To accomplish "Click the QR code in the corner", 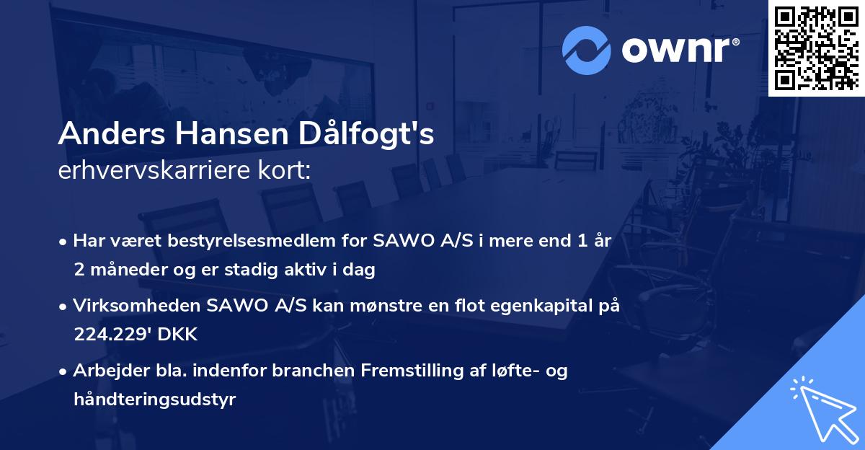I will tap(816, 48).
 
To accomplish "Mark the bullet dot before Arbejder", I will tap(64, 371).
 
